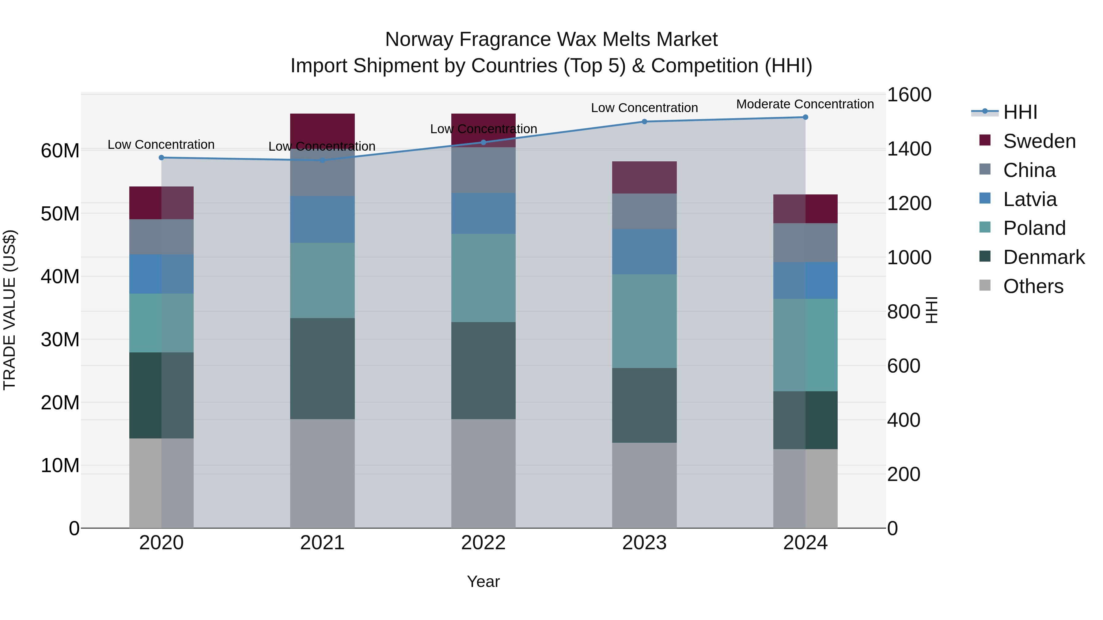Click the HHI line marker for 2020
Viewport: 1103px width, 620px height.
click(161, 157)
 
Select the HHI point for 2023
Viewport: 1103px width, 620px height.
click(644, 122)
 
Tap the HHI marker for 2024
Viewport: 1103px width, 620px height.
click(805, 117)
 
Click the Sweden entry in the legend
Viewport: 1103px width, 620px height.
click(1039, 141)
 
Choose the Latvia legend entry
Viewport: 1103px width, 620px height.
click(1029, 199)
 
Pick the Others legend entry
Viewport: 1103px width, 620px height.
click(1033, 286)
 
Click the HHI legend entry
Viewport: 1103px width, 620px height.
click(1020, 112)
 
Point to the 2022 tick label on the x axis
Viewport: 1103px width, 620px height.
click(483, 543)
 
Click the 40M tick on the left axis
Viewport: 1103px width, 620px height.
click(60, 276)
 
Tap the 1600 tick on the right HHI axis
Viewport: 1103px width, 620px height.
click(909, 95)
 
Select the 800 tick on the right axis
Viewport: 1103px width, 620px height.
click(904, 311)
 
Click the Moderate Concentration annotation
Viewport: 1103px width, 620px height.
click(805, 104)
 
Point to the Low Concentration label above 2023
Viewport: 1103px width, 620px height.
click(644, 108)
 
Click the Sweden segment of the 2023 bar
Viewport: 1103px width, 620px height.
click(644, 177)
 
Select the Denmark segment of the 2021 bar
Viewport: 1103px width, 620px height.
click(322, 368)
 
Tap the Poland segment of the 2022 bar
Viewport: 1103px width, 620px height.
click(483, 278)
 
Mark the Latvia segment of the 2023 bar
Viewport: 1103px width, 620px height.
click(644, 252)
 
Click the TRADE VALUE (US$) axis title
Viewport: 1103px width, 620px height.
click(9, 310)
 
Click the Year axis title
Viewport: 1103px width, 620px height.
click(483, 581)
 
